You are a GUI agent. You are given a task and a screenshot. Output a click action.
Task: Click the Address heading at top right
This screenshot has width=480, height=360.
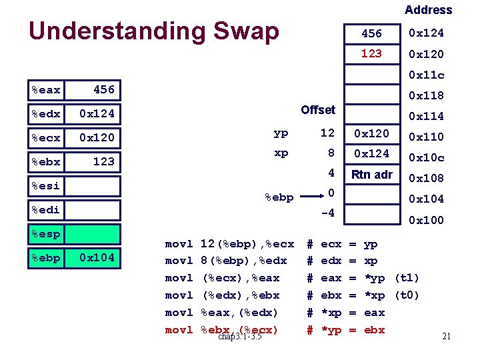428,10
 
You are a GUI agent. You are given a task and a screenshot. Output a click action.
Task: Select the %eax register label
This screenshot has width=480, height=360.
46,89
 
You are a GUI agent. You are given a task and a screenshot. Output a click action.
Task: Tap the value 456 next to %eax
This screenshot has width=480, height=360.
103,89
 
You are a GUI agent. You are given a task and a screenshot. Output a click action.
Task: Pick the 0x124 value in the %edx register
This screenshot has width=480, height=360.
97,113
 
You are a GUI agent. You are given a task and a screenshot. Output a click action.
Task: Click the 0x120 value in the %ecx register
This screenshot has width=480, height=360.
97,137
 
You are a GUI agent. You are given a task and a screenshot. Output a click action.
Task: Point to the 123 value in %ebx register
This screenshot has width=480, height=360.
103,161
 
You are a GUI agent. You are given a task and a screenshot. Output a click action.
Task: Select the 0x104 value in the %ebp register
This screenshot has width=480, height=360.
97,257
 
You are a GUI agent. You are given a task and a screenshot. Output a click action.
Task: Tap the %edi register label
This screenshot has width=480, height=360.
46,209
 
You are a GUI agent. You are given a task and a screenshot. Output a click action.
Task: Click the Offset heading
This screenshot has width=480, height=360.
318,109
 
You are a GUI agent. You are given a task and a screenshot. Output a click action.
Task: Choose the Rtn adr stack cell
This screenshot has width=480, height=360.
372,175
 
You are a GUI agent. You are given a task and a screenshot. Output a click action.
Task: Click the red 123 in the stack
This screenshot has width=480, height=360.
371,53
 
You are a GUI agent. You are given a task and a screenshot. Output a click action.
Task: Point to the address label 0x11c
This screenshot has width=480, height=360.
426,75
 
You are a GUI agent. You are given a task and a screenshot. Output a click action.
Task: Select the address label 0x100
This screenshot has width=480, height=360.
426,220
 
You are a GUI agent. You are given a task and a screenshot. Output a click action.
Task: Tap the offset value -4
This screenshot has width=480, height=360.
327,213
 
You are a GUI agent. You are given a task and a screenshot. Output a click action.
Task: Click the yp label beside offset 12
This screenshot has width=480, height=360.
281,133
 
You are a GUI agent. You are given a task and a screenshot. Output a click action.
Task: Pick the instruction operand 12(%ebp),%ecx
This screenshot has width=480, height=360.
247,244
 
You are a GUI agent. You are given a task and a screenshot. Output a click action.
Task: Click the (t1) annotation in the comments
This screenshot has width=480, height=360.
407,278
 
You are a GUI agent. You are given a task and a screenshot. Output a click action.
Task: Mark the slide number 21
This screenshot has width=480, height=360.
446,336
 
